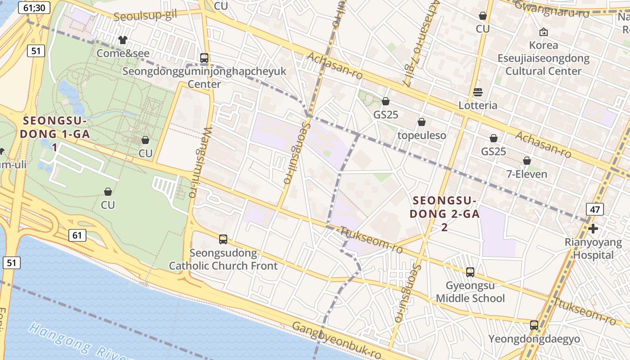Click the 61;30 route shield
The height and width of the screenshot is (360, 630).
pos(34,7)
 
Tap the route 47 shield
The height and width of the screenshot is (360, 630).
pos(594,209)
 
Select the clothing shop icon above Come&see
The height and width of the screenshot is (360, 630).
pos(122,40)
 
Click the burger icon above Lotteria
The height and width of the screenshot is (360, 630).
pos(478,92)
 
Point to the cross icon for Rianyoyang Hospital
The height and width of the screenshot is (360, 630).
pos(593,229)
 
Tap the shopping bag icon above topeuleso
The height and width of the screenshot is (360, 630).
pos(422,122)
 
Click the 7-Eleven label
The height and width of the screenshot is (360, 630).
pos(527,174)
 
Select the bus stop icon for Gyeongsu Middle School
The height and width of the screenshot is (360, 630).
pos(470,272)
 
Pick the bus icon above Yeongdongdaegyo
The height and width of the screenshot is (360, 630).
pos(534,325)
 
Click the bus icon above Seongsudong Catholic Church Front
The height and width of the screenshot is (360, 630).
pos(223,239)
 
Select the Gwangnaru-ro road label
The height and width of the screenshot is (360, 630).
pos(552,9)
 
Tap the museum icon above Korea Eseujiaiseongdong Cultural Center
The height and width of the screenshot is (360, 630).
pos(543,32)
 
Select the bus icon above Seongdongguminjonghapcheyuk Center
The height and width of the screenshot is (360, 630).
pos(204,58)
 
